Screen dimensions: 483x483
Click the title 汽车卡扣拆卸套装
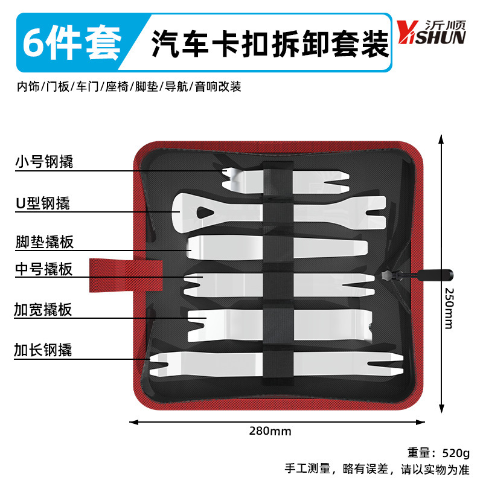tap(270, 43)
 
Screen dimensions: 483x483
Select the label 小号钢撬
tap(44, 161)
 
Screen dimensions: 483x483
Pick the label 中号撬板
tap(44, 269)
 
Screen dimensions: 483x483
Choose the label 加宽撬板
tap(44, 310)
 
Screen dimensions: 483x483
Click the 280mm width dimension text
tap(270, 431)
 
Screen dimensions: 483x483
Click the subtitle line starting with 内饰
tap(129, 87)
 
